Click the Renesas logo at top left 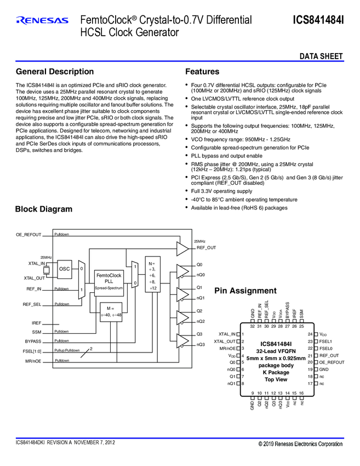coord(42,21)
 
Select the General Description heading coord(55,72)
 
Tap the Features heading coord(202,72)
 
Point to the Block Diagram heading coord(43,209)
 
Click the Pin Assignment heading coord(245,291)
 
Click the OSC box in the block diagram coord(65,269)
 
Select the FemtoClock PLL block coord(108,281)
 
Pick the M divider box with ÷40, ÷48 coord(111,311)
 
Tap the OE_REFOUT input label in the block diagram coord(28,235)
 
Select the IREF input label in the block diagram coord(36,323)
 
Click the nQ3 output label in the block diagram coord(201,345)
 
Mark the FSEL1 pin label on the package coord(326,341)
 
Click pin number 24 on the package coord(310,334)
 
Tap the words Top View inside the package coord(276,379)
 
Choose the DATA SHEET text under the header coord(321,56)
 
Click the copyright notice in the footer coord(301,444)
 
